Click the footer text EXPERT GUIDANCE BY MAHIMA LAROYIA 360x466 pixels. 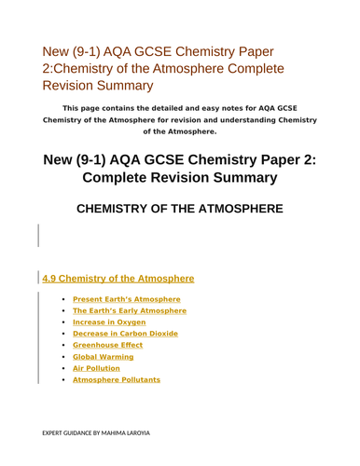[103, 433]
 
